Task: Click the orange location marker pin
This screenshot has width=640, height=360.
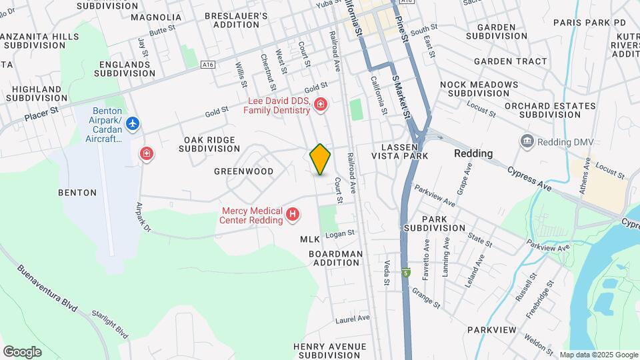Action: (x=320, y=159)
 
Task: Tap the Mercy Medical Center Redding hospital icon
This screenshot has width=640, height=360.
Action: (x=292, y=214)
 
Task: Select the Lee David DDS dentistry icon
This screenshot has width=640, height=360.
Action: (x=321, y=105)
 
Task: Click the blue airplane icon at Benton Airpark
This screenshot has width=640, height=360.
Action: (x=133, y=123)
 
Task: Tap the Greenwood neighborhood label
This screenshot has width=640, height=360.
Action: (x=244, y=171)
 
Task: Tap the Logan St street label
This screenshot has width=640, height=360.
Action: (x=340, y=233)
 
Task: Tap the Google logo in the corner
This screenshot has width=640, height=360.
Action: (x=22, y=351)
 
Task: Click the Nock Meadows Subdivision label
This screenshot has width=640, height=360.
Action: (x=479, y=89)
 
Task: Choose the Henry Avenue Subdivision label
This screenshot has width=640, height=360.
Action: (x=330, y=351)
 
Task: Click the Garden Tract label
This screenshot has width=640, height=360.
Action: (x=510, y=61)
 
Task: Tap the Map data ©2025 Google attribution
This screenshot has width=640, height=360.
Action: (x=598, y=355)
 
